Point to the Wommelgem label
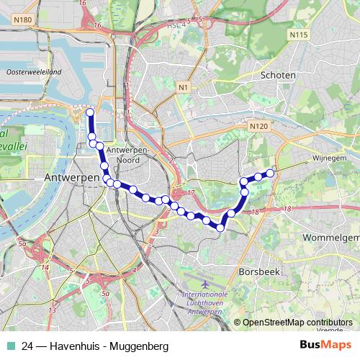(331, 237)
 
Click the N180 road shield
(21, 19)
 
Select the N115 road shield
(297, 34)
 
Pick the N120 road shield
(259, 126)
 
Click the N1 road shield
(184, 87)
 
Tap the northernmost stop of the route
(90, 112)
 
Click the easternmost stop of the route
(271, 172)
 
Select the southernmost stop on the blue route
(220, 228)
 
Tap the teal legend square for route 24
(10, 346)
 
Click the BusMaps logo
(324, 346)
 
